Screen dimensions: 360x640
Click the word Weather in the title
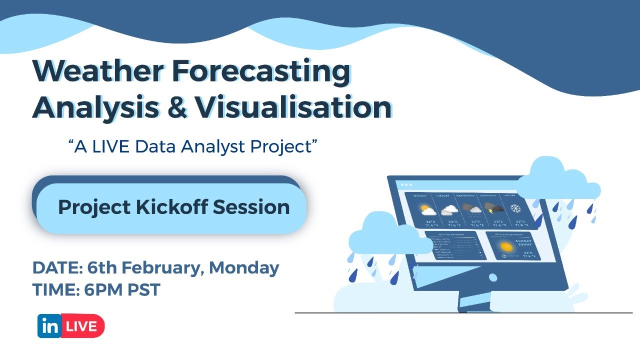(x=97, y=71)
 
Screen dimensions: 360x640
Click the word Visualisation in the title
(x=293, y=106)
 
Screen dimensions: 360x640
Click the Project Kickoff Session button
(x=173, y=207)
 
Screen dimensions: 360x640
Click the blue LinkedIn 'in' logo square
(x=49, y=326)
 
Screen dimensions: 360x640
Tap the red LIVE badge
(x=82, y=326)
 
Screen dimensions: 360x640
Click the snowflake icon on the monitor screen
(x=515, y=208)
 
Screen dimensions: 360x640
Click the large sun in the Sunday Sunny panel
(x=506, y=246)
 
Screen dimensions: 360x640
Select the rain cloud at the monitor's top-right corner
(x=557, y=180)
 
